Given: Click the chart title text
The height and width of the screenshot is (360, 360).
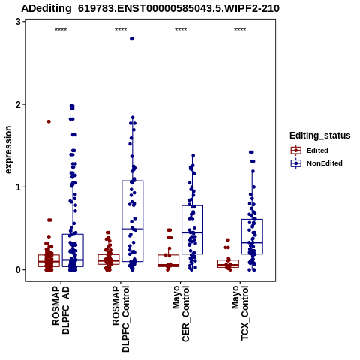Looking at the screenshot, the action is pyautogui.click(x=150, y=8).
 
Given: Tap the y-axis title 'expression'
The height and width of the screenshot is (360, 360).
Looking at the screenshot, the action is pyautogui.click(x=8, y=150).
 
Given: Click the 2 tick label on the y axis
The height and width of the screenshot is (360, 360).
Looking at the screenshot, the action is pyautogui.click(x=18, y=104).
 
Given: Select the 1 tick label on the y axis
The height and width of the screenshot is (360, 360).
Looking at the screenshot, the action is pyautogui.click(x=18, y=187).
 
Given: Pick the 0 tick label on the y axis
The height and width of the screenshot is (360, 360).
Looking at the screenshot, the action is pyautogui.click(x=18, y=270).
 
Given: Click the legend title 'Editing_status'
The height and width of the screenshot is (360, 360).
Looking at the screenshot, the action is pyautogui.click(x=320, y=136).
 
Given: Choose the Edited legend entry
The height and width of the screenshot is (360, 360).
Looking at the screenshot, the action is pyautogui.click(x=310, y=151).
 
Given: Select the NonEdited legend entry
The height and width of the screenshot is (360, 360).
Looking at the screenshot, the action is pyautogui.click(x=316, y=163).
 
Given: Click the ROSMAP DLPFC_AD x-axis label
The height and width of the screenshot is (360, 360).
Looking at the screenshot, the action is pyautogui.click(x=61, y=310).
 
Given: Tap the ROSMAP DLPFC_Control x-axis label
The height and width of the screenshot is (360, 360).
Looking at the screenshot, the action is pyautogui.click(x=121, y=319).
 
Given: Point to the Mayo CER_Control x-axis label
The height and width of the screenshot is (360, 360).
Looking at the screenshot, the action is pyautogui.click(x=181, y=313).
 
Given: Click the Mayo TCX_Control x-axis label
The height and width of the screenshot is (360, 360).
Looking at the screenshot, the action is pyautogui.click(x=240, y=313).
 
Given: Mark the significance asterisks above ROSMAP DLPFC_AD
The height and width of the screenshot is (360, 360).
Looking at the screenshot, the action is pyautogui.click(x=61, y=30).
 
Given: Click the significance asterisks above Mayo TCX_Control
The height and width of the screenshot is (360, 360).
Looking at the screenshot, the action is pyautogui.click(x=240, y=30).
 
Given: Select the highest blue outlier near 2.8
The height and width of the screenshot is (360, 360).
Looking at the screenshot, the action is pyautogui.click(x=132, y=39).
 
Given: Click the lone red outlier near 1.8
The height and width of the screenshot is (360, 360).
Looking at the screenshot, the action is pyautogui.click(x=49, y=121).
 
